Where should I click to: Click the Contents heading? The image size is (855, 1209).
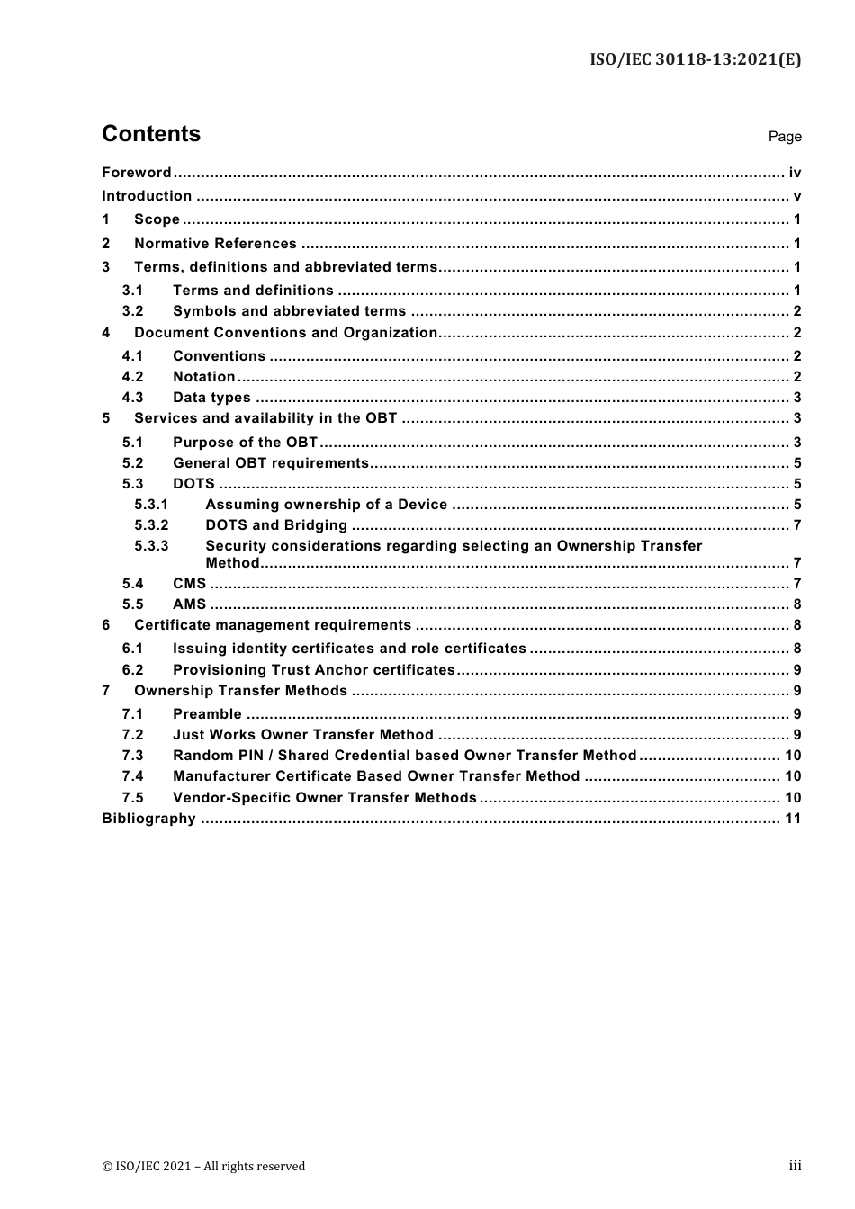tap(151, 134)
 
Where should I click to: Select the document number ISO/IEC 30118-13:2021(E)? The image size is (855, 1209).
tap(695, 60)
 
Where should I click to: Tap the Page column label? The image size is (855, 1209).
tap(784, 137)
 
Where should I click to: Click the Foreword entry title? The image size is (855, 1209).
tap(136, 173)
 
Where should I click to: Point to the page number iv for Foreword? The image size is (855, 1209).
tap(795, 173)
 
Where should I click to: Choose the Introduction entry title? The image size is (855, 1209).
tap(147, 196)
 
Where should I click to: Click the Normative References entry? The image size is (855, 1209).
tap(215, 244)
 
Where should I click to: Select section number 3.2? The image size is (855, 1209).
tap(132, 311)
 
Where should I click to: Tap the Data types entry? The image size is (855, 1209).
tap(211, 398)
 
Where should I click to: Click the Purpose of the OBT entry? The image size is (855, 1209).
tap(245, 443)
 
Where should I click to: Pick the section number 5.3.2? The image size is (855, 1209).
tap(151, 525)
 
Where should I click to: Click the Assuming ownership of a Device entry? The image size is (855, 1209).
tap(326, 505)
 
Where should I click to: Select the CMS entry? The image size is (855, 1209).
tap(189, 584)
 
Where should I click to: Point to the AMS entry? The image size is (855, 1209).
tap(189, 604)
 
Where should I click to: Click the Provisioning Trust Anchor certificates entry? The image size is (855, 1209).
tap(313, 670)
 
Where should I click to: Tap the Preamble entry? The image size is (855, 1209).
tap(207, 714)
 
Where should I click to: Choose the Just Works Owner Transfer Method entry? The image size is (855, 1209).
tap(302, 735)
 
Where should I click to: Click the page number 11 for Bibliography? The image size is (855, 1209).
tap(792, 819)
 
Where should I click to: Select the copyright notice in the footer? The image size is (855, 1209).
tap(203, 1167)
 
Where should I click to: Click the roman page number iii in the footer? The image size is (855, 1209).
tap(795, 1166)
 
